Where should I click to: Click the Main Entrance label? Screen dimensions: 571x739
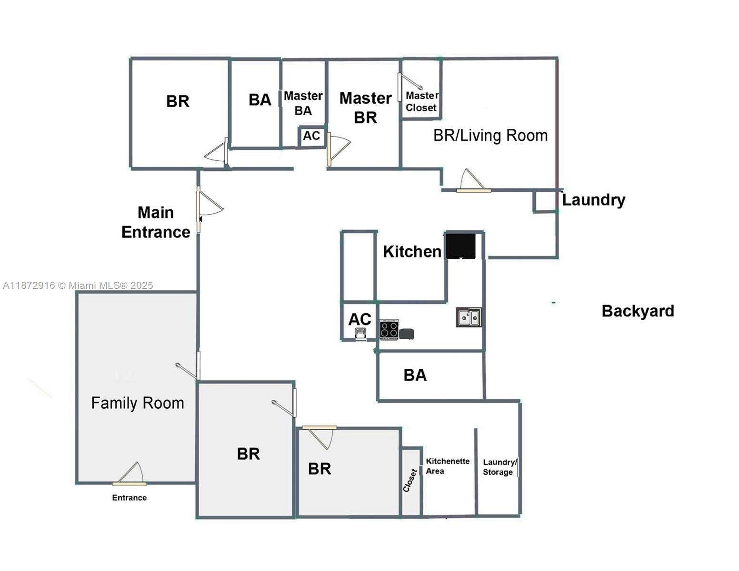156,222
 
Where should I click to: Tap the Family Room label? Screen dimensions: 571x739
138,403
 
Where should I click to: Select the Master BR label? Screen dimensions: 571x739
365,108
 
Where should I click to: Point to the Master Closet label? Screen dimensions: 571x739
421,102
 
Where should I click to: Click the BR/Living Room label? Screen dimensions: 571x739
490,136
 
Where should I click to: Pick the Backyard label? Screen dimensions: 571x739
638,311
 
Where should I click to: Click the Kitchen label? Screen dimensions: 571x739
412,252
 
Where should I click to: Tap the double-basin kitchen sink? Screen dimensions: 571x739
469,317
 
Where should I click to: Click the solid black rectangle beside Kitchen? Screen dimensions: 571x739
460,246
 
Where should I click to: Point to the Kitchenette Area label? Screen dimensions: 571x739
447,466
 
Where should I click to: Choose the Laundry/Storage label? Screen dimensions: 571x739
499,467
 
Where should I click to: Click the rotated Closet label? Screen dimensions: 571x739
410,481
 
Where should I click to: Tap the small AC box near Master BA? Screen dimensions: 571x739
312,136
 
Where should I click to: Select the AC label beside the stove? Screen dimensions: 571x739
360,319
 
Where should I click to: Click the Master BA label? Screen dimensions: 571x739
303,103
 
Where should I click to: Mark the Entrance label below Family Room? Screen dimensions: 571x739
129,498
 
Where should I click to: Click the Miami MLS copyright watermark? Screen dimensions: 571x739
78,285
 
